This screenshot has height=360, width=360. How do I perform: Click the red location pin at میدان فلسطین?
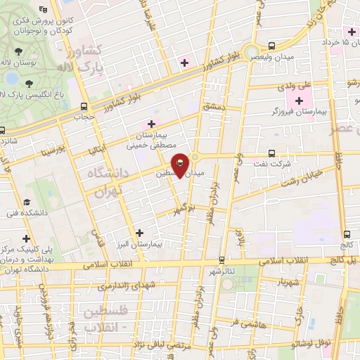point(180,166)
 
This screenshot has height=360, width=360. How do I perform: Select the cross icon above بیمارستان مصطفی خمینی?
point(152,124)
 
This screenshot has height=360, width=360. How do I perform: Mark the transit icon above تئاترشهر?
point(222,260)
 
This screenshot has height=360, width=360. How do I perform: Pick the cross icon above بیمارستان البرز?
point(139,232)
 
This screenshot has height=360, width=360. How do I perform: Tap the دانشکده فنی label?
point(21,212)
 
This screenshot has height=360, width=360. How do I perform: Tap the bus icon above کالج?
point(347,234)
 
